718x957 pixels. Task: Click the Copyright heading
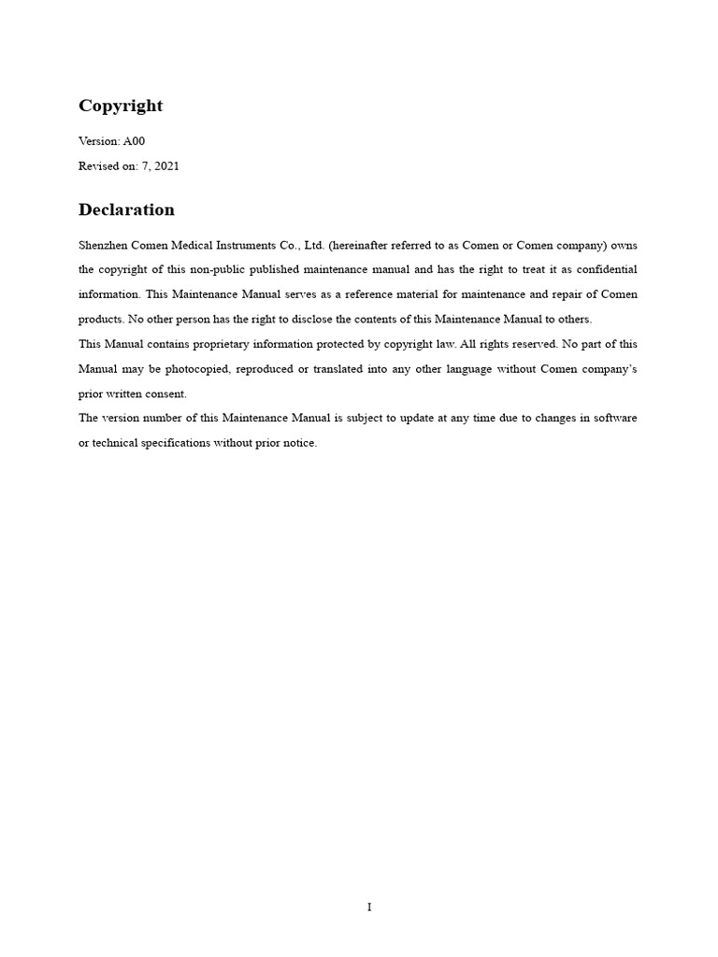pyautogui.click(x=121, y=106)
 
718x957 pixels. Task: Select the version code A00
pyautogui.click(x=134, y=141)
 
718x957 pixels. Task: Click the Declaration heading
pyautogui.click(x=126, y=209)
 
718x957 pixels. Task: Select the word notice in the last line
pyautogui.click(x=297, y=443)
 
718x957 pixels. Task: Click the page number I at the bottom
pyautogui.click(x=369, y=907)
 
